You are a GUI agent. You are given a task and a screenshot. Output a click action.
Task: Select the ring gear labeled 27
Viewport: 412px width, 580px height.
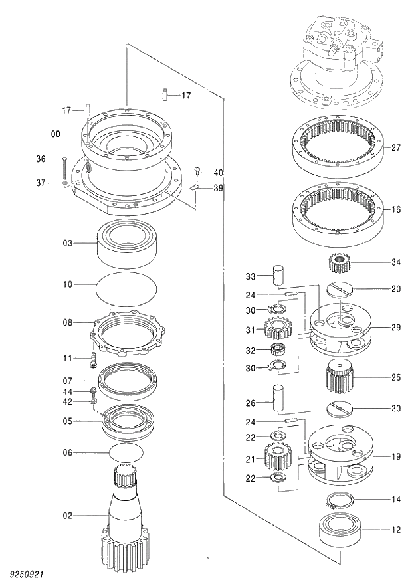point(338,147)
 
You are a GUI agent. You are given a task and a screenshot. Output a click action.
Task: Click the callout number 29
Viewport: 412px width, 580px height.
point(396,328)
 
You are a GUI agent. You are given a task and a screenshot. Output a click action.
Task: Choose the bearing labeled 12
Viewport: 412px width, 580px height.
point(340,530)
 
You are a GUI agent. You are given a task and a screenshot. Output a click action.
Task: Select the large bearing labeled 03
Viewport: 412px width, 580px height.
point(128,242)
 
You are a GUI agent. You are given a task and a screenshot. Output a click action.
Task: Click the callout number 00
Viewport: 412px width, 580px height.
point(55,134)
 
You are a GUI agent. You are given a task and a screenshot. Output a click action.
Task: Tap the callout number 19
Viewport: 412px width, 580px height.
point(396,457)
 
